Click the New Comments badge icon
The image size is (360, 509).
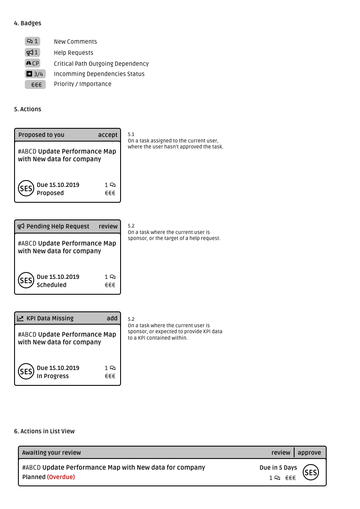32,41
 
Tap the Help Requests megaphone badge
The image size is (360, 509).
32,53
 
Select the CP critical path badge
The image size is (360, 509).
32,63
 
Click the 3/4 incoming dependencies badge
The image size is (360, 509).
35,74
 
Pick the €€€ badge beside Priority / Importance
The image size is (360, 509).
35,85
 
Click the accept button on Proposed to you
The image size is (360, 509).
108,135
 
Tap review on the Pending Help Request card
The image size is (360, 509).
108,226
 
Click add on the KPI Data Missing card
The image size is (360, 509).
112,318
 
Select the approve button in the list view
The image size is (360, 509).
309,453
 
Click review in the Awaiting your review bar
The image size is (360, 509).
281,453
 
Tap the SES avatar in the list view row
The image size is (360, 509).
311,472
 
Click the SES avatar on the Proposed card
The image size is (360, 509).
26,189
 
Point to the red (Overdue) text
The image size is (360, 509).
61,477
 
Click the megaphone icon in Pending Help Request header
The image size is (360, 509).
21,226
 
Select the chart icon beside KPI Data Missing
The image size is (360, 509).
21,318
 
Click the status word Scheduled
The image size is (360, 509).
51,285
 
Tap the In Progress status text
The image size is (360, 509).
53,376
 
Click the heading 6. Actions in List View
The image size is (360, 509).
44,431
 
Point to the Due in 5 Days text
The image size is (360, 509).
278,468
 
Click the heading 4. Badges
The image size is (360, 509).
28,23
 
